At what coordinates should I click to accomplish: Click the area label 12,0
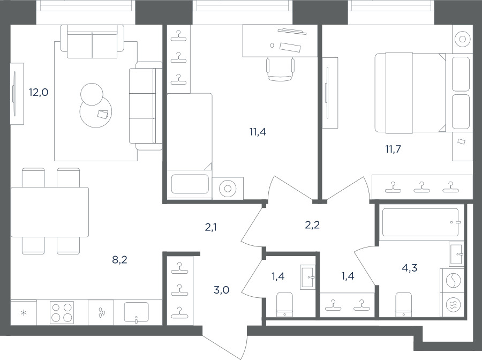(39, 92)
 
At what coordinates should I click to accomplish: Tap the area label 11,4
(258, 132)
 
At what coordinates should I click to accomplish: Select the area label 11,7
(393, 149)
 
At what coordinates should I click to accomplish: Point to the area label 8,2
(119, 260)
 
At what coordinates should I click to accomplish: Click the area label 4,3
(410, 268)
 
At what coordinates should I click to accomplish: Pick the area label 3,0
(221, 290)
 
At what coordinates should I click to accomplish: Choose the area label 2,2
(312, 225)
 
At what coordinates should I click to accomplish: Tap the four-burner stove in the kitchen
(62, 312)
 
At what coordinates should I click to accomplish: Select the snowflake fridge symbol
(24, 313)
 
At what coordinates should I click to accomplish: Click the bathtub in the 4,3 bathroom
(420, 222)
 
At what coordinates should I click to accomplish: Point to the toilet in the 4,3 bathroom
(403, 304)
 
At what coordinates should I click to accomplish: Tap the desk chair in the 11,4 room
(280, 69)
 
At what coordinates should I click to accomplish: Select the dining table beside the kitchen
(50, 212)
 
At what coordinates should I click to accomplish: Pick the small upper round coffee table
(92, 94)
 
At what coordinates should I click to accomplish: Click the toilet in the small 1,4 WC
(285, 304)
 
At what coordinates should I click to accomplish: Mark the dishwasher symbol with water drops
(101, 313)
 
